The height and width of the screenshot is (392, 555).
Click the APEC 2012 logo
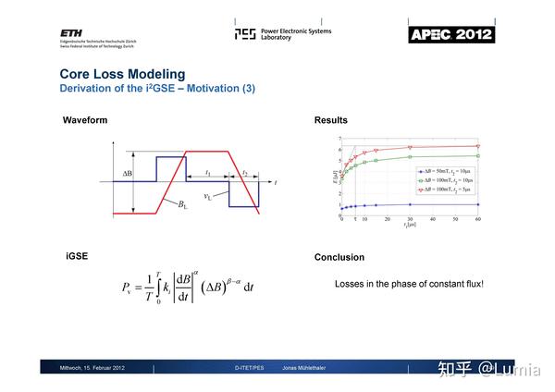click(451, 34)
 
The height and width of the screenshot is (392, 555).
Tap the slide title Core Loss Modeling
click(122, 74)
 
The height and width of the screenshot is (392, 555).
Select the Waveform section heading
click(85, 120)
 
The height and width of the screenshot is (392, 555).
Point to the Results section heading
click(331, 120)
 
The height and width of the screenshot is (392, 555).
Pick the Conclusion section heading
click(339, 257)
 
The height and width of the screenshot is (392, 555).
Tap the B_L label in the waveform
click(183, 205)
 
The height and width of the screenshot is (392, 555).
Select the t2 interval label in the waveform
click(245, 173)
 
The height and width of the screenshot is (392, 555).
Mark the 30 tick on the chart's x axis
click(410, 218)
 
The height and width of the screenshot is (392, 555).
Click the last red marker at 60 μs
click(477, 145)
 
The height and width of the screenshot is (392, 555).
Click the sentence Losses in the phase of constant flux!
click(409, 284)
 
